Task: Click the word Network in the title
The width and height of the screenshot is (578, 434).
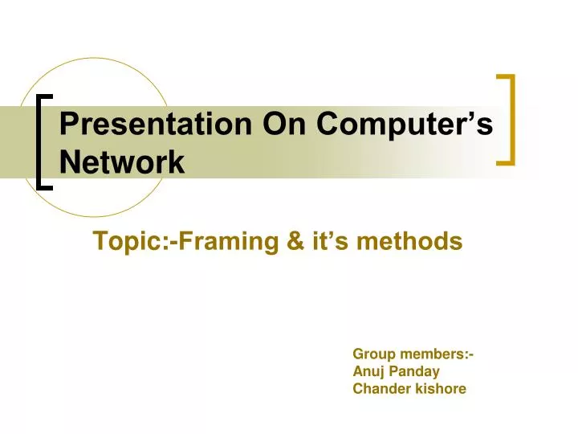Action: tap(122, 163)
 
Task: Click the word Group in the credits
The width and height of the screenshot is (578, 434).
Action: tap(371, 354)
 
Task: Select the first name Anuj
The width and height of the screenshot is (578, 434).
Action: tap(368, 371)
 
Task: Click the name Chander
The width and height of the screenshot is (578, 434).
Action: tap(378, 389)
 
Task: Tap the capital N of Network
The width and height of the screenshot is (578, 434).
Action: tap(70, 163)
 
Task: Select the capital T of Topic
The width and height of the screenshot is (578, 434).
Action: tap(100, 241)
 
